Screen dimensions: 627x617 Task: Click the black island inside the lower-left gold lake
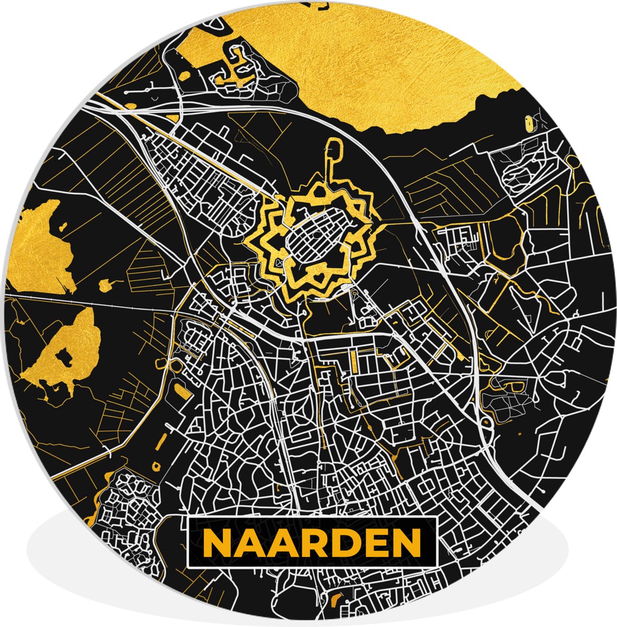65,356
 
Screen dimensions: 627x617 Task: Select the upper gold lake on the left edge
39,246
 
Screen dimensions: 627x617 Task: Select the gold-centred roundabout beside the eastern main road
485,423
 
